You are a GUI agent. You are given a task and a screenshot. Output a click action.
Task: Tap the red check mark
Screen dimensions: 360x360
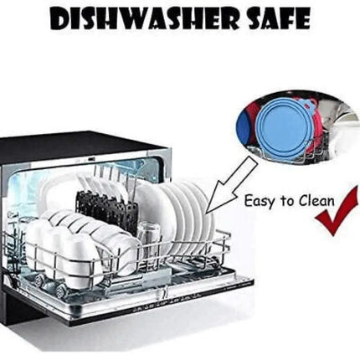(337, 212)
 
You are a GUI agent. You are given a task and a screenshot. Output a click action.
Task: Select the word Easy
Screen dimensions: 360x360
(259, 202)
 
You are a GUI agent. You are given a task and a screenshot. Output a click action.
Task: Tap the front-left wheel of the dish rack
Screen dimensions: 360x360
(60, 291)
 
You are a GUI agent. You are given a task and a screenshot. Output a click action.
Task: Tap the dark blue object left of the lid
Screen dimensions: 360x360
(244, 127)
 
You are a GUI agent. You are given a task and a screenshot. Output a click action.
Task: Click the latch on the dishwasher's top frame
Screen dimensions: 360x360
(90, 159)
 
